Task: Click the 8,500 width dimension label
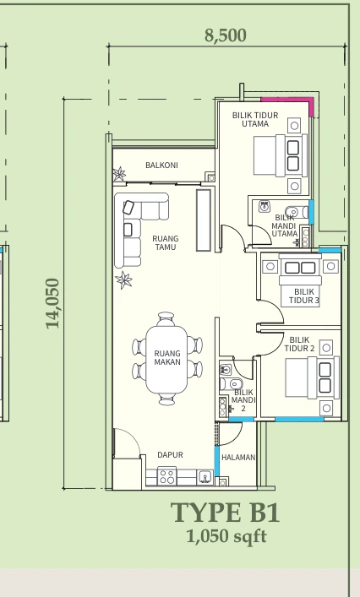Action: coord(226,35)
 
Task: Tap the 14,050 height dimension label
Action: coord(52,303)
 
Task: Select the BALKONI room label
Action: coord(161,166)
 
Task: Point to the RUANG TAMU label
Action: coord(166,243)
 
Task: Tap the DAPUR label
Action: coord(170,454)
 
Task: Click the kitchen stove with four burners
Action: coord(166,476)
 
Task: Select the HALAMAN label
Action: coord(238,458)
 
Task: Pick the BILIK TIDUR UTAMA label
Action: coord(255,119)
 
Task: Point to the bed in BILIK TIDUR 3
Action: coord(301,280)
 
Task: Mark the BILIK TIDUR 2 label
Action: coord(299,344)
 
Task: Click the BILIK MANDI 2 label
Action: coord(243,400)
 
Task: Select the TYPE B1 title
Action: coord(225,513)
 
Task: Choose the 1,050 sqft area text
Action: coord(226,536)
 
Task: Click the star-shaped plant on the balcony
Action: coord(119,174)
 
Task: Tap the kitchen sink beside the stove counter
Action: coord(205,477)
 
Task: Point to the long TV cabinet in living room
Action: coord(204,220)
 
